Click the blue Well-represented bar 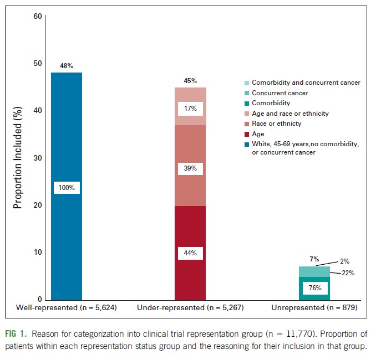[67, 138]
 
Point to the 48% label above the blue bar [67, 66]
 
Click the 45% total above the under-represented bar [190, 80]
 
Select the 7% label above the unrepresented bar [314, 259]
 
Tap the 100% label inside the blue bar [67, 188]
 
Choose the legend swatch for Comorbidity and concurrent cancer [248, 83]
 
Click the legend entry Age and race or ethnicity [291, 114]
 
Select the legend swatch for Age [248, 134]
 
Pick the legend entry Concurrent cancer [280, 93]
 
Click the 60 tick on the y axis [38, 16]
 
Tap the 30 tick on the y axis [38, 158]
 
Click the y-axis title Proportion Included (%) [18, 158]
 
